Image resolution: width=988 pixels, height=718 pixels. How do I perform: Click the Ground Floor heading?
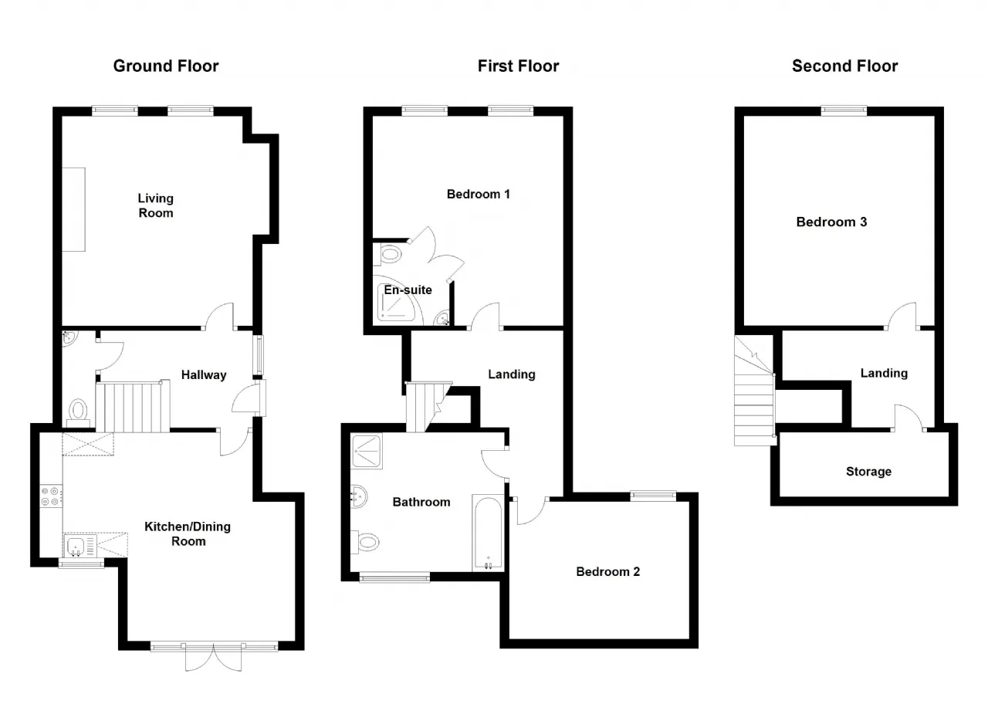click(x=166, y=66)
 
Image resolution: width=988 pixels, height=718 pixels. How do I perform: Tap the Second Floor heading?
click(x=844, y=66)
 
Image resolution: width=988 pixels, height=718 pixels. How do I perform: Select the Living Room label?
click(x=156, y=205)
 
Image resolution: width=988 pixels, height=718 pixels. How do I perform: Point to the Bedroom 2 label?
click(x=607, y=571)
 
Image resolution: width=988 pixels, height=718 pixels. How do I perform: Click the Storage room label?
click(x=868, y=472)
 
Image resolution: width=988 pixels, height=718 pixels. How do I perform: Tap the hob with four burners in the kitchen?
click(x=51, y=496)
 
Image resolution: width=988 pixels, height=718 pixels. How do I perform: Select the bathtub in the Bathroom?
click(x=489, y=533)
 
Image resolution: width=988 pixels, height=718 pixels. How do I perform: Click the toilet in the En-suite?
click(x=387, y=255)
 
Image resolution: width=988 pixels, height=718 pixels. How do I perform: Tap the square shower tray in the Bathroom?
click(x=367, y=451)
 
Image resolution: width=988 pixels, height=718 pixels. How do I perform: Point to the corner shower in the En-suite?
click(x=398, y=301)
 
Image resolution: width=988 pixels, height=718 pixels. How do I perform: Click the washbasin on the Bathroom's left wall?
click(x=359, y=496)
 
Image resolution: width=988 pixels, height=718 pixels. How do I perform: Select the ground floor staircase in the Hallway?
click(x=133, y=407)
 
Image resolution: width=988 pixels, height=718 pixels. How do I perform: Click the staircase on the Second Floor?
click(x=755, y=391)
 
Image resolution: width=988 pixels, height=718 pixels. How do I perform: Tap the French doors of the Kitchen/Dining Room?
click(x=214, y=657)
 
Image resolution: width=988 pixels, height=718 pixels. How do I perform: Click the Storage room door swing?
click(x=908, y=417)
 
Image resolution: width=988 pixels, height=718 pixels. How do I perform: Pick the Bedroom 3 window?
click(x=844, y=110)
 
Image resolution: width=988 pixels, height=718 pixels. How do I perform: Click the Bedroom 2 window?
click(x=653, y=496)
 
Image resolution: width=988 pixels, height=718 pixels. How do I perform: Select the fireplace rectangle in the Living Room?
click(x=73, y=209)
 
